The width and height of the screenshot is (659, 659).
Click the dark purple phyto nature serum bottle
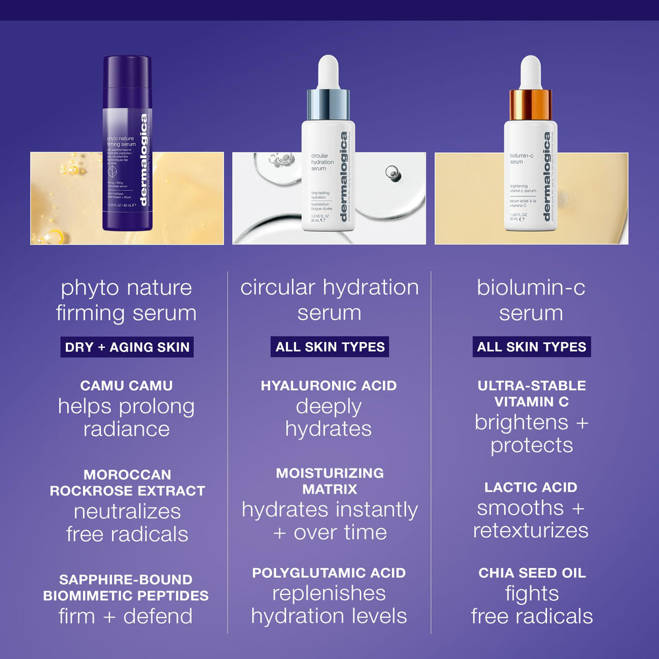coord(127,145)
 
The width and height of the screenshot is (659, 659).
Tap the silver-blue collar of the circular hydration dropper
coord(328,104)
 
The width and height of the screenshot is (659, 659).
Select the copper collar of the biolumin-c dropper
coord(530,104)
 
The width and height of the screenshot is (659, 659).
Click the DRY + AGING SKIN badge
coord(127,347)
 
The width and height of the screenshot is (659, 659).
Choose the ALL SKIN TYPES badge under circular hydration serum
coord(329,347)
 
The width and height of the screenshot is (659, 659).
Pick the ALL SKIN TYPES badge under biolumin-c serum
coord(532,347)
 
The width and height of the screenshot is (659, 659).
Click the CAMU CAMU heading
coord(127,386)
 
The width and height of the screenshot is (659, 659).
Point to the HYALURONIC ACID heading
coord(329,386)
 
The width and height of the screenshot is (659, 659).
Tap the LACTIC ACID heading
coord(530,488)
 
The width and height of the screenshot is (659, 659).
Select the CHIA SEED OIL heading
coord(532,573)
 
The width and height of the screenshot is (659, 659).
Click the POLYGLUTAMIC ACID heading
coord(329,573)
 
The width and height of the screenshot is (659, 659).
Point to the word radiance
coord(127,429)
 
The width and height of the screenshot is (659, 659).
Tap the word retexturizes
coord(530,530)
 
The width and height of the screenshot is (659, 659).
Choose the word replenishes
coord(329,594)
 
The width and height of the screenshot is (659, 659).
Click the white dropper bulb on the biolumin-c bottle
coord(530,71)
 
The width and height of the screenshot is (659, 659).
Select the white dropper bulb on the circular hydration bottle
coord(328,71)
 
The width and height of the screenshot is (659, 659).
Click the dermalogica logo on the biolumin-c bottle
coord(546,177)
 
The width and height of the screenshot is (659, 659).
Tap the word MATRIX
coord(329,489)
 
